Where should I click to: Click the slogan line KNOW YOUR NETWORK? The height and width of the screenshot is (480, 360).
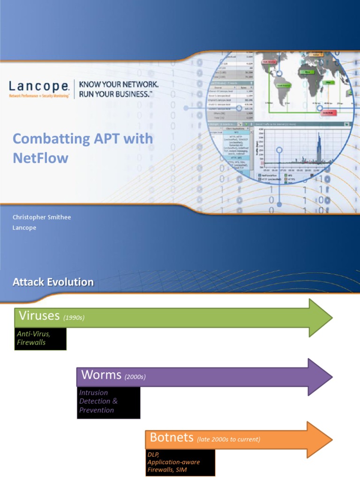[119, 84]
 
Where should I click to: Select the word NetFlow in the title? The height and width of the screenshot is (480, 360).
[40, 157]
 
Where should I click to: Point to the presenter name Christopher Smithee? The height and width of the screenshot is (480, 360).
[42, 217]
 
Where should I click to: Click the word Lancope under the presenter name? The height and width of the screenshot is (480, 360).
[24, 227]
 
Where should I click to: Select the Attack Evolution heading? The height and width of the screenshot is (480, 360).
[53, 282]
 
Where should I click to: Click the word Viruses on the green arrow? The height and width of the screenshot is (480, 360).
[39, 316]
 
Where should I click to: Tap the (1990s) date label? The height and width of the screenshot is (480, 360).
[73, 318]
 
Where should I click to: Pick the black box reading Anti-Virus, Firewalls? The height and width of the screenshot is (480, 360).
[40, 338]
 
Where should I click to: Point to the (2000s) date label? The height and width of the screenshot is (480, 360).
[135, 377]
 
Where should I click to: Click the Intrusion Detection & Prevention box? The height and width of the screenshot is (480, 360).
[108, 402]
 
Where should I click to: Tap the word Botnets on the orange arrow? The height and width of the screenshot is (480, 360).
[172, 438]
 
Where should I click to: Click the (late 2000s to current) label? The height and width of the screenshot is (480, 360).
[229, 440]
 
